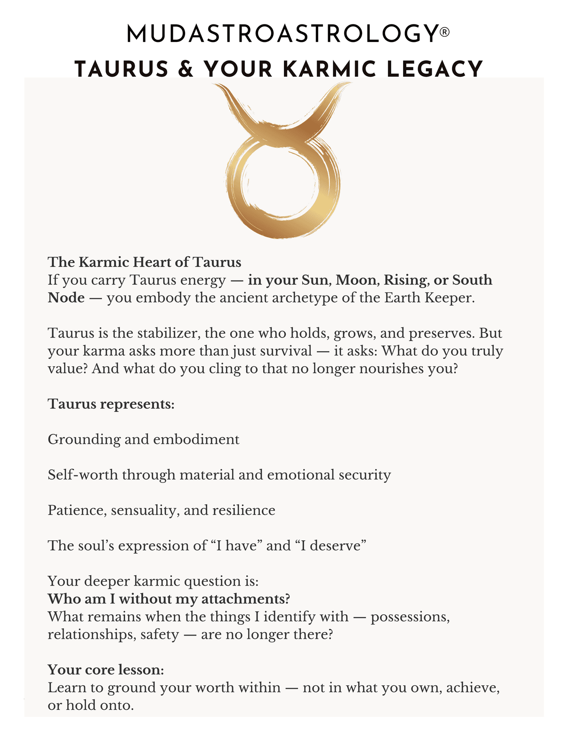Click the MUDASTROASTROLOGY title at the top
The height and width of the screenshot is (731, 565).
pyautogui.click(x=282, y=34)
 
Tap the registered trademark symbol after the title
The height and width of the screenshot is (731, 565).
pyautogui.click(x=444, y=32)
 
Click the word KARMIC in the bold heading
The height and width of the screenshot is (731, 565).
pyautogui.click(x=330, y=69)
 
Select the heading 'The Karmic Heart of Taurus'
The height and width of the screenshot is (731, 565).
pyautogui.click(x=145, y=262)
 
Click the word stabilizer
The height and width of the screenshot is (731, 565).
pyautogui.click(x=168, y=333)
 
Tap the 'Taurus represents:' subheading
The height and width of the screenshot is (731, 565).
pyautogui.click(x=111, y=404)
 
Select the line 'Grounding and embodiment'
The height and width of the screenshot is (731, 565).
pyautogui.click(x=144, y=439)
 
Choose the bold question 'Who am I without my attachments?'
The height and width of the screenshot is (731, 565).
pyautogui.click(x=169, y=599)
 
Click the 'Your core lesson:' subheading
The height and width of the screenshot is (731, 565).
pyautogui.click(x=106, y=669)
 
